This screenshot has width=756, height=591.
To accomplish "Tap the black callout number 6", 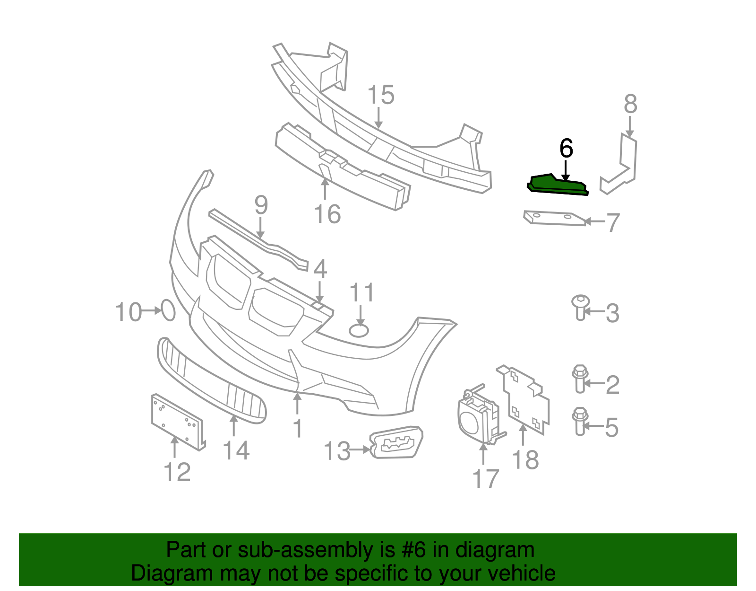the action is [566, 149].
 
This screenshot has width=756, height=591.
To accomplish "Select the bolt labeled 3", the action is [580, 307].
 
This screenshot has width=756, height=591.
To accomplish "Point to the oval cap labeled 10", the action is [169, 310].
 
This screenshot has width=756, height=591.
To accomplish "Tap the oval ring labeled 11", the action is [359, 330].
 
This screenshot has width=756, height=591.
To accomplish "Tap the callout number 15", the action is [381, 95].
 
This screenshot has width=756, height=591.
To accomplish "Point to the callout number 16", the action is [327, 214].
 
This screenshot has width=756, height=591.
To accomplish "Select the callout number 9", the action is [261, 205].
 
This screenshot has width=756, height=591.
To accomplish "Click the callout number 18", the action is [525, 459].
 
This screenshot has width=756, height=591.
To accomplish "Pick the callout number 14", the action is [236, 450].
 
